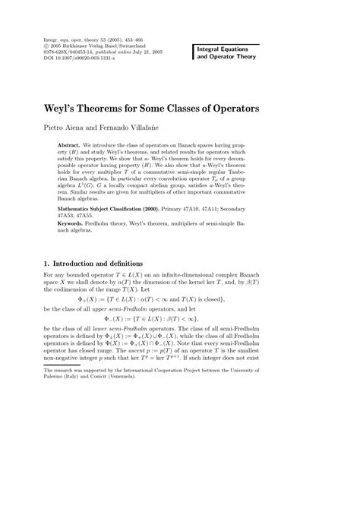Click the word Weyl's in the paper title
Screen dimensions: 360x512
tap(69, 109)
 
